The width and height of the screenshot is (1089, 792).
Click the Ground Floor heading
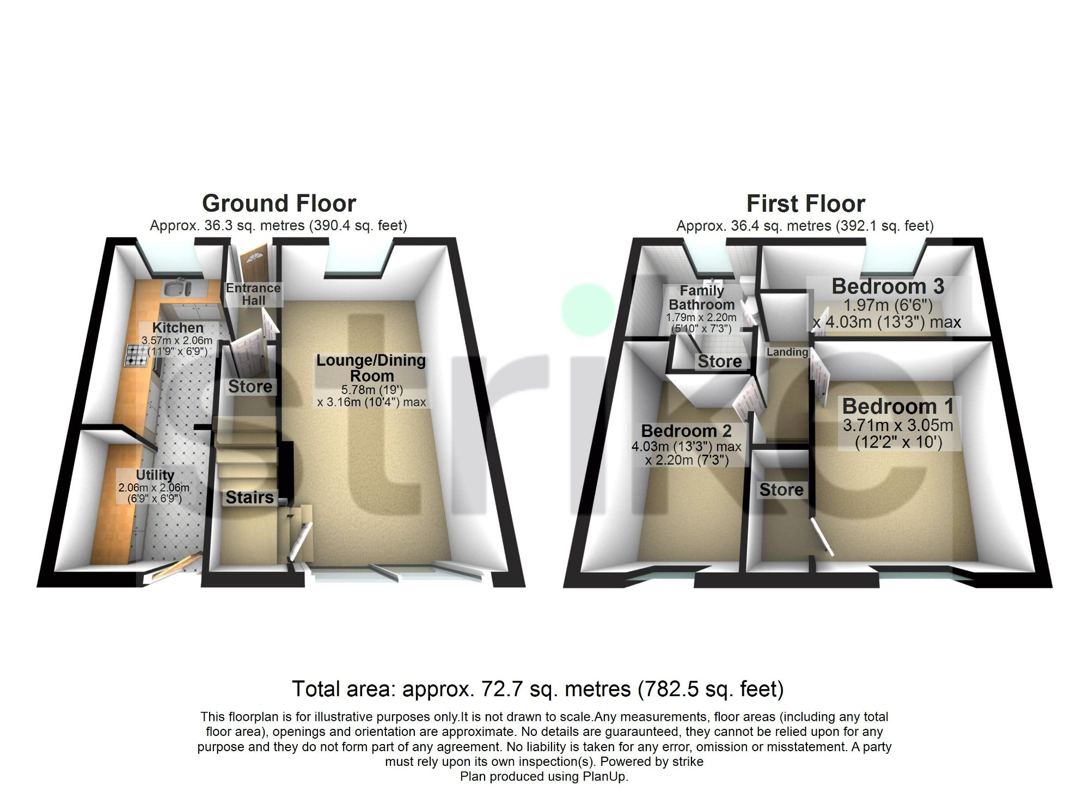[x=279, y=204]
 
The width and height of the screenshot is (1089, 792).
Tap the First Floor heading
[x=805, y=204]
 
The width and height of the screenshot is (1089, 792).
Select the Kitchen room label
[x=178, y=328]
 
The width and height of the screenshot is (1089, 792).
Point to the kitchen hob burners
[x=137, y=355]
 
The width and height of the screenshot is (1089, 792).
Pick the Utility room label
[x=155, y=475]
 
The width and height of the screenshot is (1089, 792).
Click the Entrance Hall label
[x=253, y=294]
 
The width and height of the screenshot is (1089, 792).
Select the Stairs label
[x=249, y=497]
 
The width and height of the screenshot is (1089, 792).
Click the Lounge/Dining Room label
[x=371, y=368]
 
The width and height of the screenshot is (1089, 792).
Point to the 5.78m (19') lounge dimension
[x=371, y=390]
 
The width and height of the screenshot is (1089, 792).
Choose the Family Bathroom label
[x=701, y=298]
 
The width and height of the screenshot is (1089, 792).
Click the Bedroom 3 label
[x=888, y=286]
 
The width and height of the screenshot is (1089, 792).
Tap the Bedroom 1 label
[x=898, y=407]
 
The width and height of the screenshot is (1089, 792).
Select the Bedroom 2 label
[x=686, y=431]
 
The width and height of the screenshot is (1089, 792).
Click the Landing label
[x=787, y=352]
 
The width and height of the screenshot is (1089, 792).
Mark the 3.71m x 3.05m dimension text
[x=898, y=425]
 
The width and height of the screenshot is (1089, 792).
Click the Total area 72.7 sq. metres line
[x=537, y=689]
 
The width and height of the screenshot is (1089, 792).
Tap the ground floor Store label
[x=250, y=386]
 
